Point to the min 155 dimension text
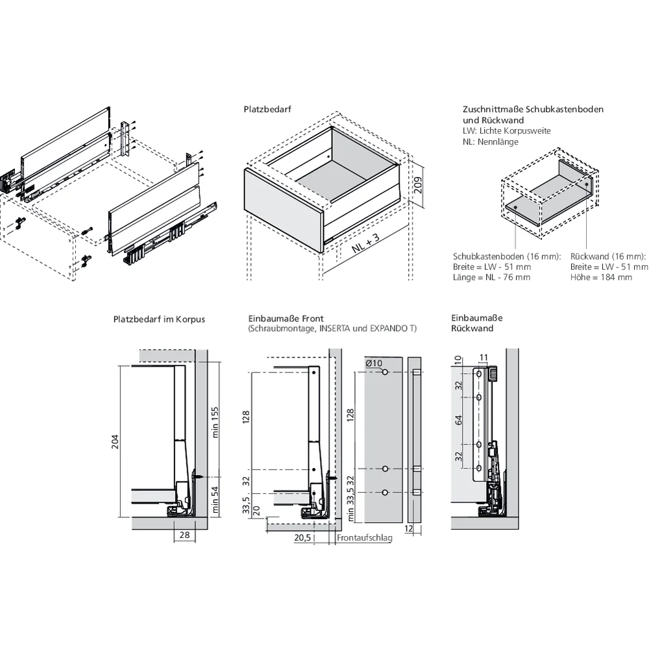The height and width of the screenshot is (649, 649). [215, 422]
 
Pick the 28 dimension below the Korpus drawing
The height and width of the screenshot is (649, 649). [184, 535]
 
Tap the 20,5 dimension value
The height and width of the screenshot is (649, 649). [301, 538]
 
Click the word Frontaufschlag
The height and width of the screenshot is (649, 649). [365, 538]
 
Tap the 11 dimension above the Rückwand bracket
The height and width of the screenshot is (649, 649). [483, 356]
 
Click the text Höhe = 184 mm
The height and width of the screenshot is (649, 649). [601, 277]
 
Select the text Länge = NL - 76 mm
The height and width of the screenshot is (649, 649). [491, 277]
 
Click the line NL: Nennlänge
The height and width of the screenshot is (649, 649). [491, 142]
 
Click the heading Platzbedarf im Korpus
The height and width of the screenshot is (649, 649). [159, 319]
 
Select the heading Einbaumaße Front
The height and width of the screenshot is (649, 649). [286, 319]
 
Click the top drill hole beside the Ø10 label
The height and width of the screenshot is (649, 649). [386, 373]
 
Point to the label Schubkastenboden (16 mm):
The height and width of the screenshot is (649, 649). [507, 256]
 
